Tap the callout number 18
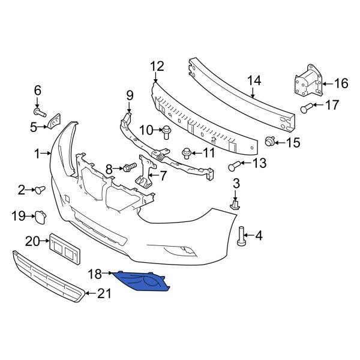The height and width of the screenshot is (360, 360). click(95, 274)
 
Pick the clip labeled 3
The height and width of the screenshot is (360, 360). click(236, 204)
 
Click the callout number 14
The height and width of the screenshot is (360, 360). click(254, 79)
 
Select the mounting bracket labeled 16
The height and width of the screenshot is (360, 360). click(307, 82)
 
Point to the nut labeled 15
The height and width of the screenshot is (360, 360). click(271, 142)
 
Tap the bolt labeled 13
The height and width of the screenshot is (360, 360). click(235, 164)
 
